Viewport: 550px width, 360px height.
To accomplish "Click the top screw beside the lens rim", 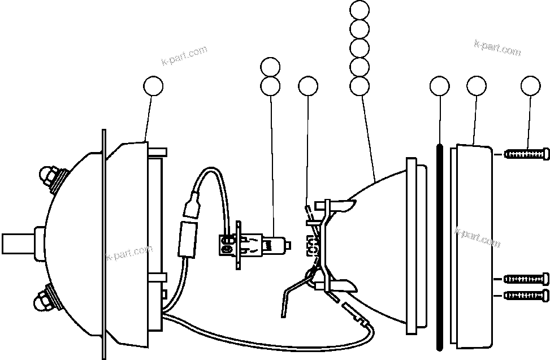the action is click(x=526, y=153).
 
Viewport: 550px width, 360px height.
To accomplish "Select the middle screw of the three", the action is click(x=526, y=279).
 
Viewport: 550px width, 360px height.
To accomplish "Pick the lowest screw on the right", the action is click(x=526, y=294).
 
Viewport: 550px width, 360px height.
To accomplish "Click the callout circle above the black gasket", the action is click(x=439, y=86).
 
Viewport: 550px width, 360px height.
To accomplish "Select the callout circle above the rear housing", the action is click(x=153, y=86).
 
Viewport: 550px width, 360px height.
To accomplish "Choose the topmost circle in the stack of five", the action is click(x=360, y=10).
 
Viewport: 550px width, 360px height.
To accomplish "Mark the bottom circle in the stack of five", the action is click(x=360, y=86).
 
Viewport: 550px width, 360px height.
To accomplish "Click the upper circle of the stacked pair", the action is click(x=271, y=67).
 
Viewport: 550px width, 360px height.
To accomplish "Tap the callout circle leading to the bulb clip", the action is click(x=308, y=86).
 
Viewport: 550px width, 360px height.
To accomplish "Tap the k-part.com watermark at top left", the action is click(x=184, y=57).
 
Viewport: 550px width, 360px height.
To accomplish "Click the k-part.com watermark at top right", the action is click(x=497, y=47).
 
